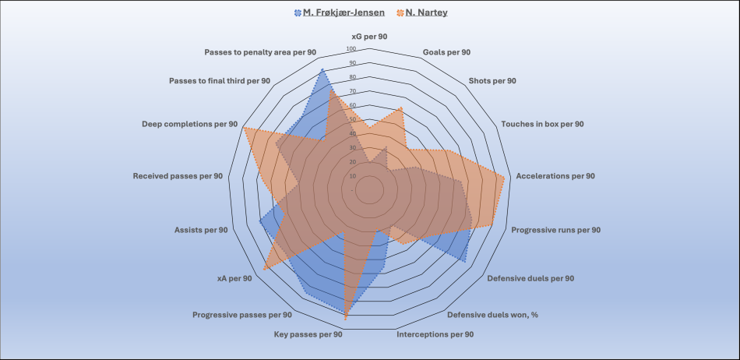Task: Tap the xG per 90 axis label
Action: (369, 37)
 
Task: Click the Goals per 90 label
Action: (446, 52)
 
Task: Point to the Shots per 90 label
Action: (492, 80)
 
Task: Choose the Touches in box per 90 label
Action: (542, 124)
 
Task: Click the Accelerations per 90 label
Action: (555, 176)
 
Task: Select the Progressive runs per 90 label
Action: (555, 230)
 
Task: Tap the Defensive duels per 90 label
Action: (530, 278)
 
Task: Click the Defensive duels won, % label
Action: (493, 315)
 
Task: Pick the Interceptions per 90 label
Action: (435, 334)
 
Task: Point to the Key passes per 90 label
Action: (308, 334)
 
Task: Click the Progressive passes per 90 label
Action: (242, 315)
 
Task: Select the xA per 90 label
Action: (234, 278)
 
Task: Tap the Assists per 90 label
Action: (201, 230)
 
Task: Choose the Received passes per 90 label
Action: (178, 176)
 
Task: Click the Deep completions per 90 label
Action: (189, 124)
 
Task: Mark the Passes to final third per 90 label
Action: (220, 80)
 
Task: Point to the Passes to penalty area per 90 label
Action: (260, 52)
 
